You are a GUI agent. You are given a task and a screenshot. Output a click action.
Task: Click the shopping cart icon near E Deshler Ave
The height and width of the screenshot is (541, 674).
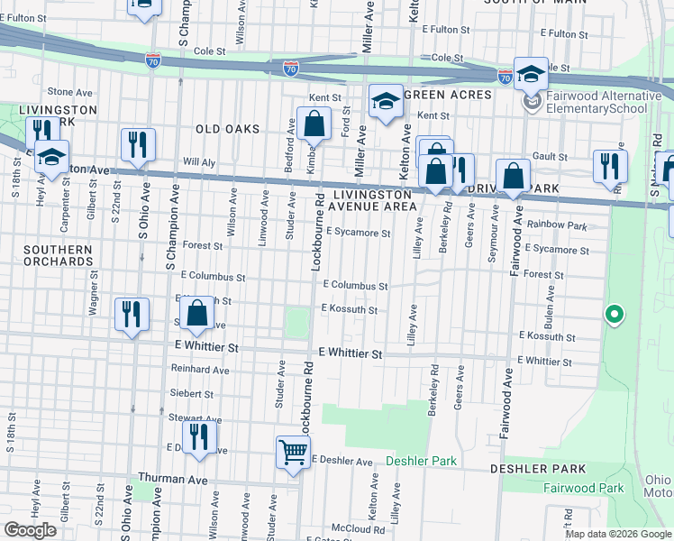(293, 453)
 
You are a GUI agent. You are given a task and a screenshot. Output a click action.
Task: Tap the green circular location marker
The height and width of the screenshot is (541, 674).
(615, 315)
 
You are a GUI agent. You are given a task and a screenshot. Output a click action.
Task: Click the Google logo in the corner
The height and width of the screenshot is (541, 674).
(30, 530)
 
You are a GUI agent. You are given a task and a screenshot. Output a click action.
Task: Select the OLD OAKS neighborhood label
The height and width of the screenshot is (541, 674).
(228, 129)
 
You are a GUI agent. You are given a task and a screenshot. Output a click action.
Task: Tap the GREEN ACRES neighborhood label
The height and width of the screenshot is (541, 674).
(448, 95)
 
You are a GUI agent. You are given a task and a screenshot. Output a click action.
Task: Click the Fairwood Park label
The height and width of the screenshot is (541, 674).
(584, 488)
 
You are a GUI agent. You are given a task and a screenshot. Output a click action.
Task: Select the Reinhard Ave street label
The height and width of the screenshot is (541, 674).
(200, 370)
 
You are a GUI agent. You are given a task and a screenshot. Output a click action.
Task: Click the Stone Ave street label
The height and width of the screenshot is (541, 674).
(70, 91)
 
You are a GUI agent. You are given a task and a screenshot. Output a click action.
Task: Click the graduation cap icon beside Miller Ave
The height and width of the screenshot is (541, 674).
(386, 102)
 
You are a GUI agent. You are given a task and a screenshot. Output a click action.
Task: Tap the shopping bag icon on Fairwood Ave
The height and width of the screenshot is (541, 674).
(513, 177)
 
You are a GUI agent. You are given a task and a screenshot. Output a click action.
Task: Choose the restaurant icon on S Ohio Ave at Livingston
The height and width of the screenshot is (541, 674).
(138, 145)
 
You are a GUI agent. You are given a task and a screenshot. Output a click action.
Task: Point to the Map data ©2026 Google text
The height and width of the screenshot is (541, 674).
(618, 534)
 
